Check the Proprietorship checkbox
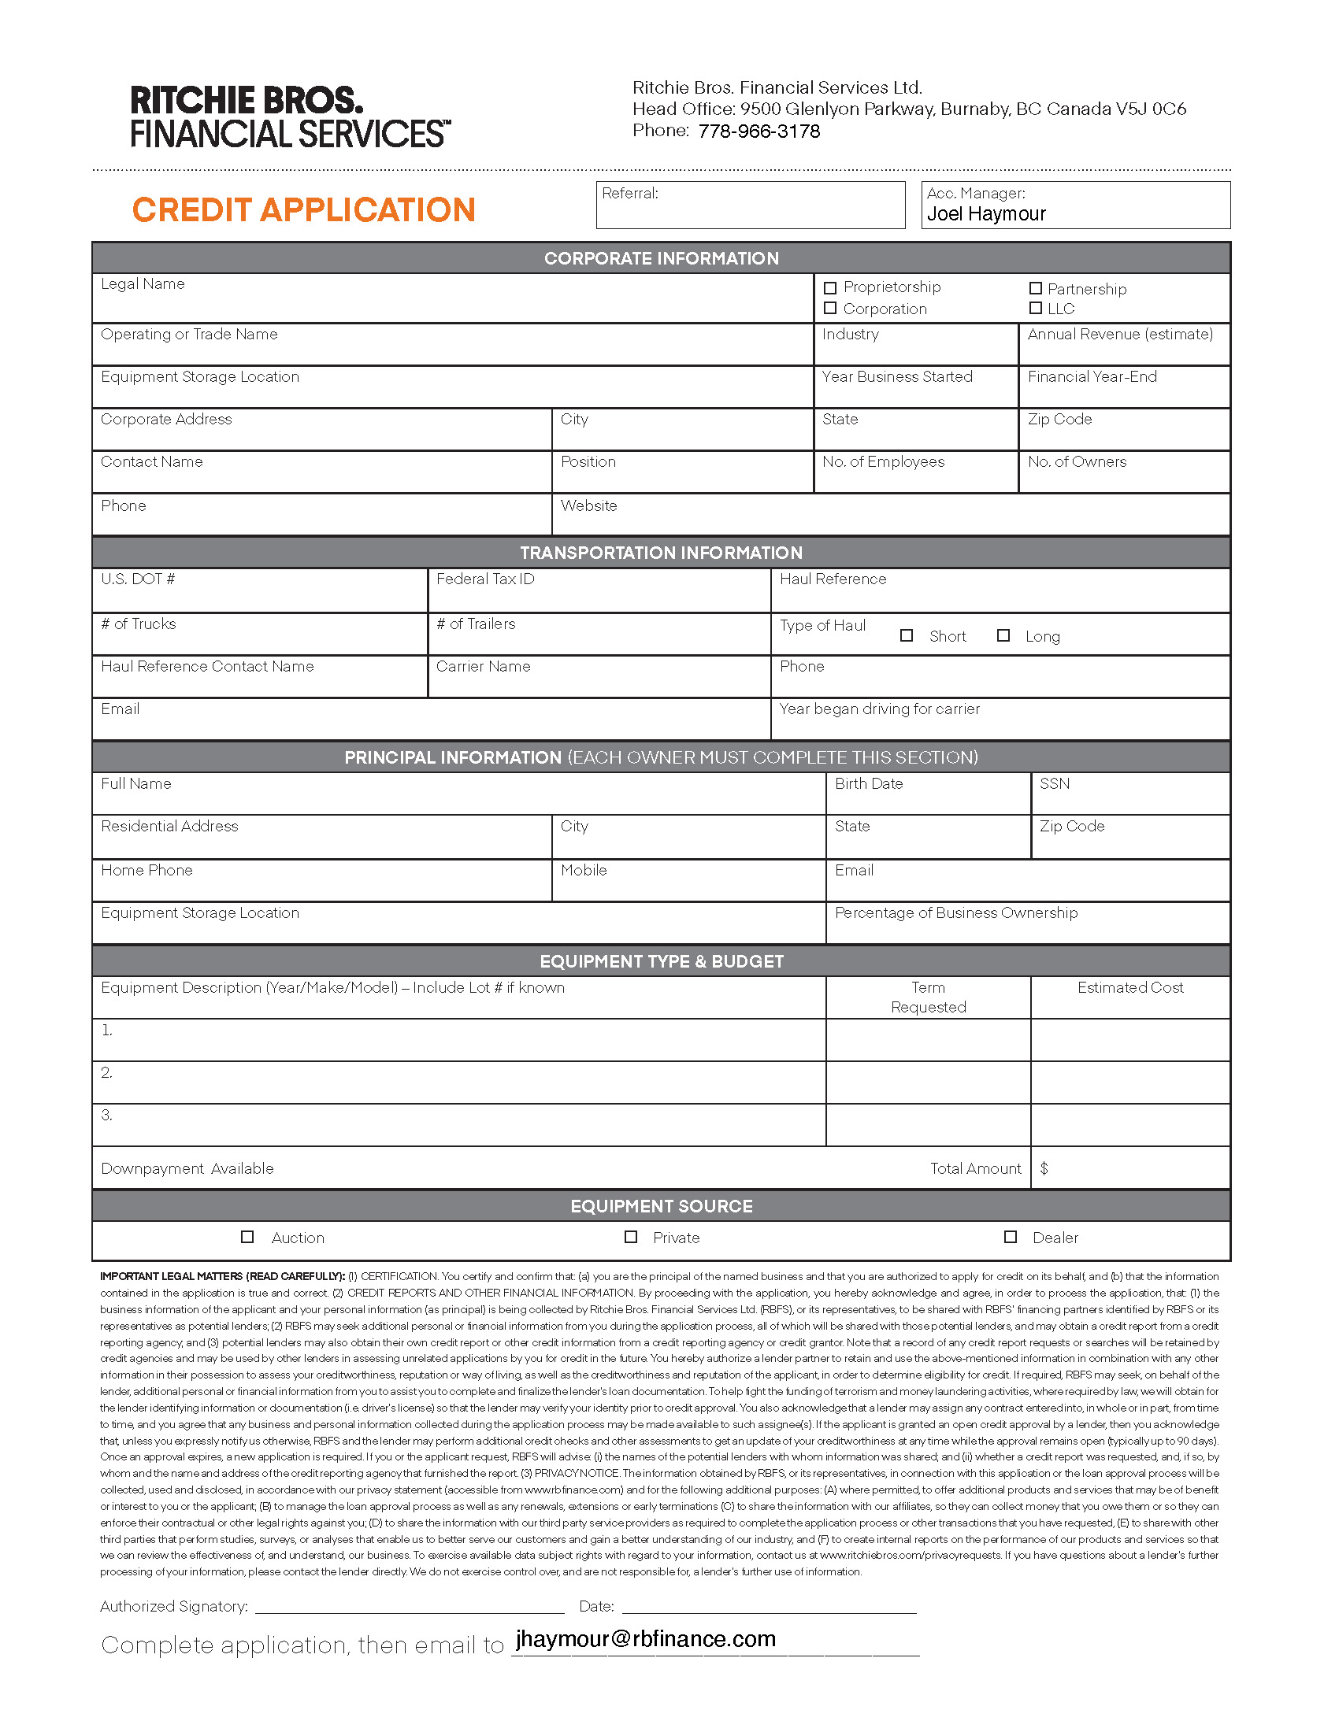pyautogui.click(x=829, y=288)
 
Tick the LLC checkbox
pyautogui.click(x=1035, y=308)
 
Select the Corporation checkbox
pyautogui.click(x=829, y=308)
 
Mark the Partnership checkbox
pyautogui.click(x=1035, y=288)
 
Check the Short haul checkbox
pyautogui.click(x=907, y=635)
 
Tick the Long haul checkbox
pyautogui.click(x=1003, y=635)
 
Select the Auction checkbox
pyautogui.click(x=247, y=1236)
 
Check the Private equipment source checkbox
pyautogui.click(x=631, y=1236)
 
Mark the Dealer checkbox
pyautogui.click(x=1010, y=1236)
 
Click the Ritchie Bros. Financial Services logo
pyautogui.click(x=290, y=117)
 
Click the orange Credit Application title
pyautogui.click(x=303, y=210)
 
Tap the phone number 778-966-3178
pyautogui.click(x=759, y=131)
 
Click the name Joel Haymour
pyautogui.click(x=986, y=214)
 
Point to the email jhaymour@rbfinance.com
pyautogui.click(x=645, y=1639)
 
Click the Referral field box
pyautogui.click(x=750, y=206)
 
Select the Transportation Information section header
pyautogui.click(x=661, y=553)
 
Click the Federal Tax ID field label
pyautogui.click(x=484, y=579)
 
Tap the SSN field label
pyautogui.click(x=1054, y=784)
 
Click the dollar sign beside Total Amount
pyautogui.click(x=1044, y=1168)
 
